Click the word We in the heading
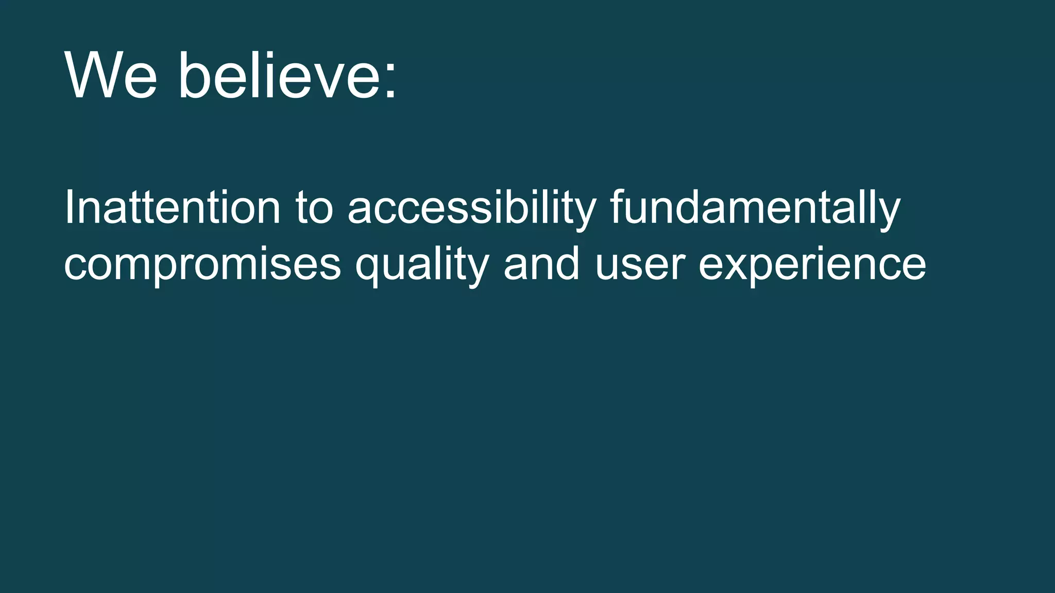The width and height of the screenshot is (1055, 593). [x=110, y=76]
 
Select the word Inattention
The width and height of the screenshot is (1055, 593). [x=172, y=208]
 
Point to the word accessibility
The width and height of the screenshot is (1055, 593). [x=472, y=208]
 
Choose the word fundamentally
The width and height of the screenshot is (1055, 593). [x=755, y=208]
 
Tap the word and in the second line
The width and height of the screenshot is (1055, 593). [x=541, y=264]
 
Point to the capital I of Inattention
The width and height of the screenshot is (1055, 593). [x=67, y=208]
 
